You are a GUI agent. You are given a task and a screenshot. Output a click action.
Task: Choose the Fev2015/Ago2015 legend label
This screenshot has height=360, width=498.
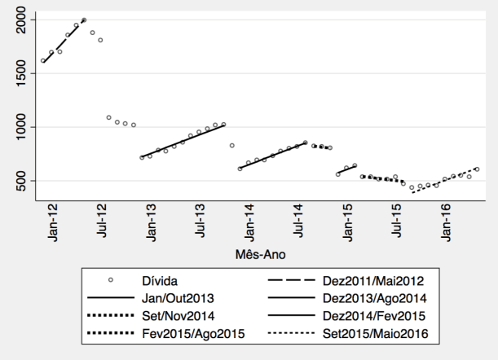coord(189,334)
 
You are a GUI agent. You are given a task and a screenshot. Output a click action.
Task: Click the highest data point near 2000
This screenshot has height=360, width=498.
coord(84,20)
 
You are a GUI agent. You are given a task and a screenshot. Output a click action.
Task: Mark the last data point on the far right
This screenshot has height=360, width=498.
coord(477,169)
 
